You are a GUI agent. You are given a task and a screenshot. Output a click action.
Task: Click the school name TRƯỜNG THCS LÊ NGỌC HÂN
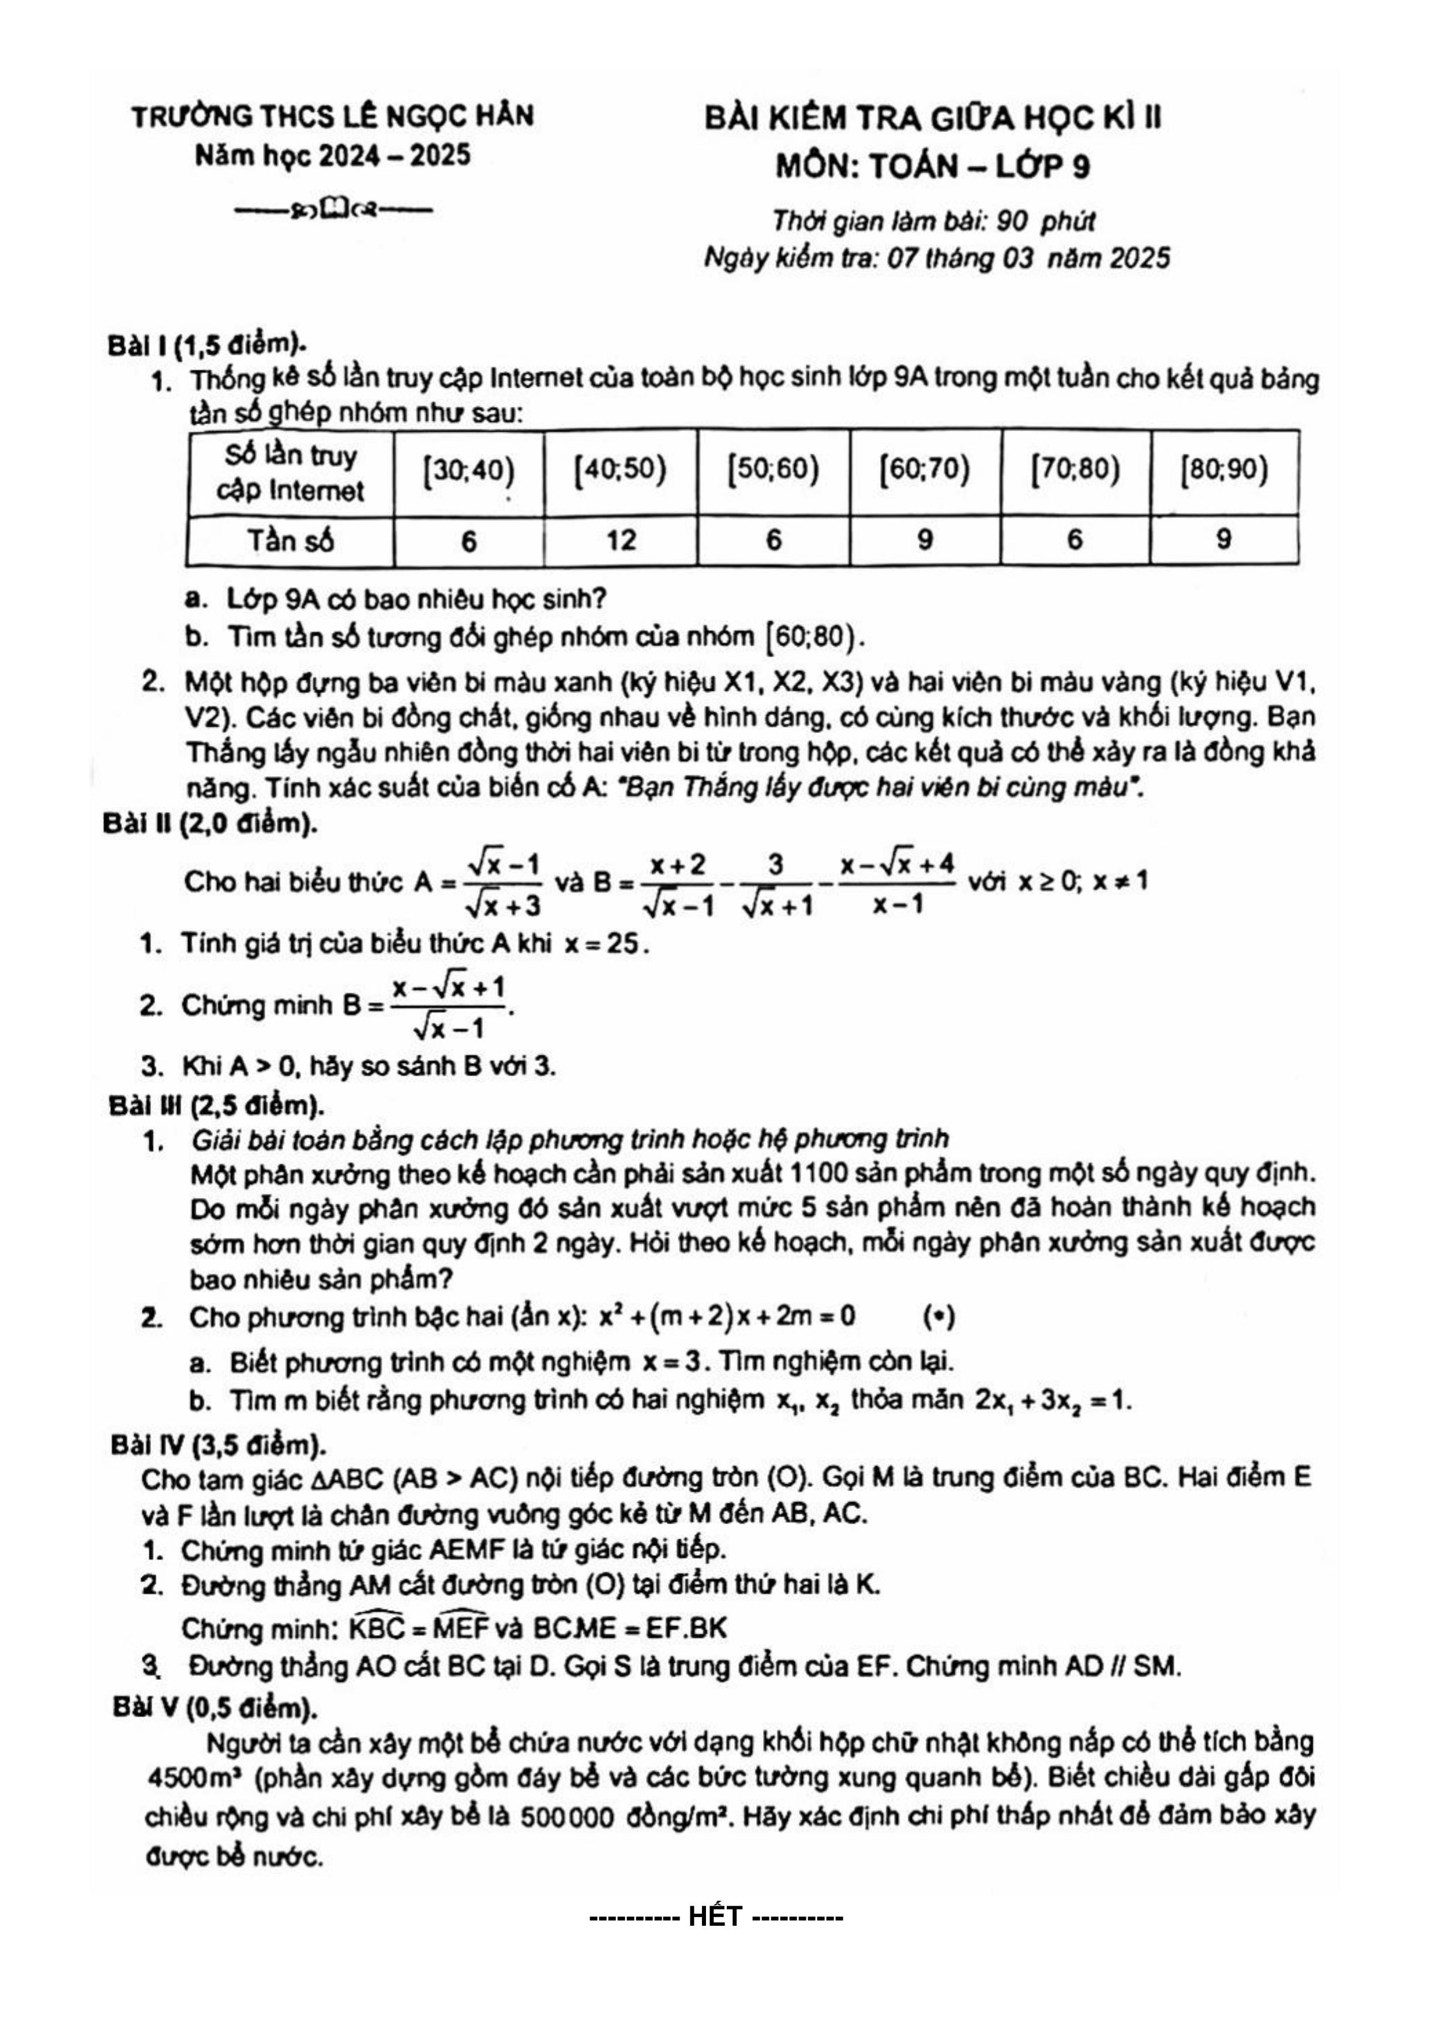332,115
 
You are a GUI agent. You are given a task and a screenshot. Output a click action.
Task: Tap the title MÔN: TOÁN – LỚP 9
932,166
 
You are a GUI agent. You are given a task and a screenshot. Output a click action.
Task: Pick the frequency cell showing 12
621,540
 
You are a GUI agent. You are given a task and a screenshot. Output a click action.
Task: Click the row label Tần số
290,540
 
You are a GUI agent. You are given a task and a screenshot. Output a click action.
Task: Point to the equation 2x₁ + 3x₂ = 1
1052,1399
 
